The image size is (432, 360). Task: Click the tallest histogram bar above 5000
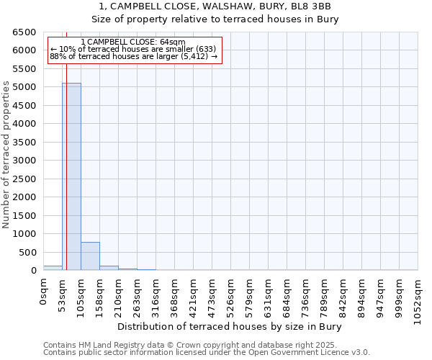pos(71,176)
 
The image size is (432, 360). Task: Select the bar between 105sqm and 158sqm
pos(90,256)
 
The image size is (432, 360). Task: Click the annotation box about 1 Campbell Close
pos(134,49)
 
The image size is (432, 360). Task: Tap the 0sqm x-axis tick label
pos(44,292)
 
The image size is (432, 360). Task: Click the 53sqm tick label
pos(63,294)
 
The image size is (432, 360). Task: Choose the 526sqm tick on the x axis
pos(230,297)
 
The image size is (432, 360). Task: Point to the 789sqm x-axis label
pos(324,297)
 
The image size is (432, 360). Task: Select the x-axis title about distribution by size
pos(229,327)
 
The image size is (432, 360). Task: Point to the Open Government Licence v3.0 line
pos(207,353)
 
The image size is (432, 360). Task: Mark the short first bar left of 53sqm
pos(53,268)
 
